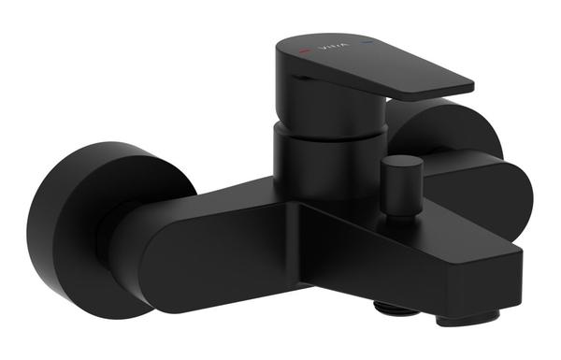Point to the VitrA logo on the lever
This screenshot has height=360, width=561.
(332, 43)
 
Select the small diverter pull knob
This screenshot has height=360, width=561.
(399, 187)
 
